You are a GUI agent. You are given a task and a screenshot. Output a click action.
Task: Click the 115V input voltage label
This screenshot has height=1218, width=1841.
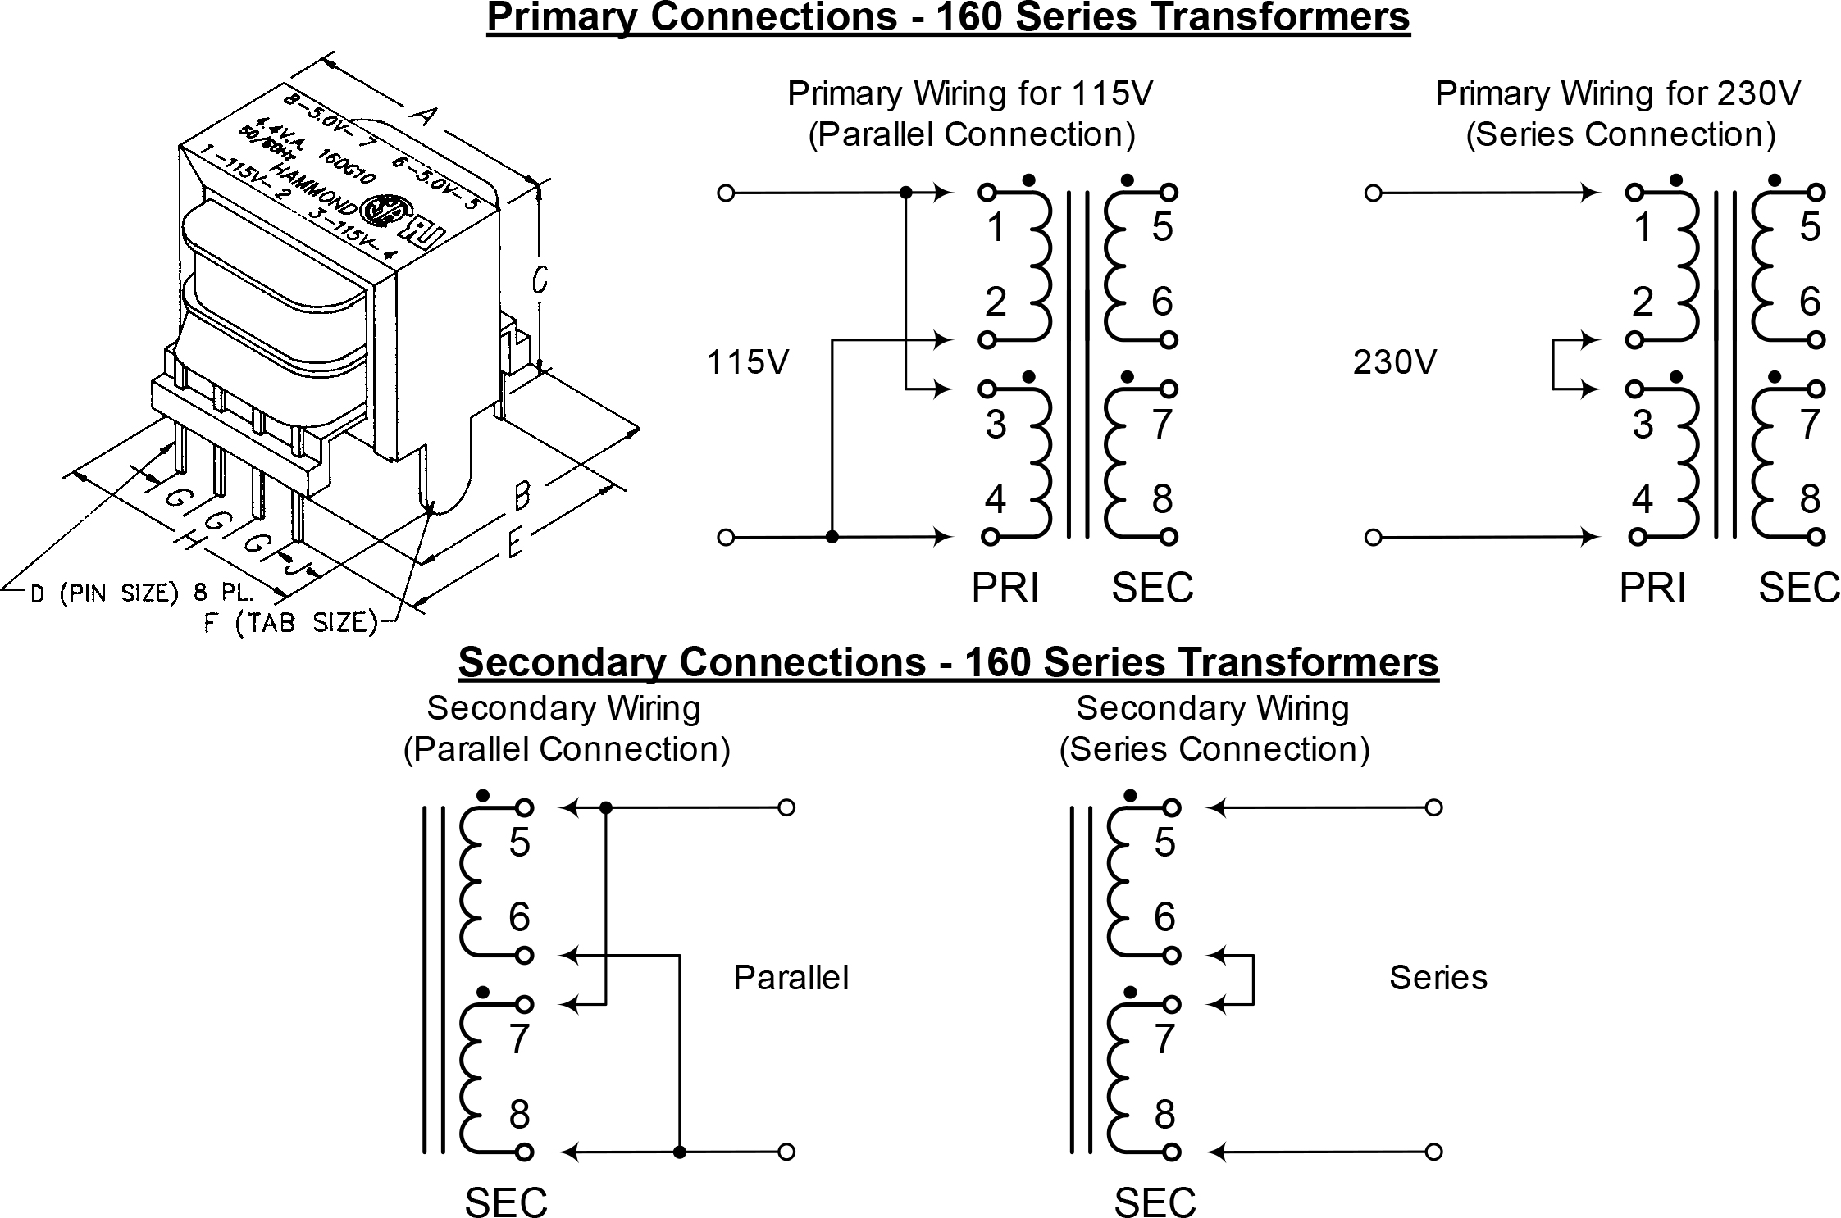point(747,361)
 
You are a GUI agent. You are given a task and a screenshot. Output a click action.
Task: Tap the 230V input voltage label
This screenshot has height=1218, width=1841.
point(1394,361)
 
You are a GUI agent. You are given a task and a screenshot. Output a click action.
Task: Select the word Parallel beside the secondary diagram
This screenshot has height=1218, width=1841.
point(791,978)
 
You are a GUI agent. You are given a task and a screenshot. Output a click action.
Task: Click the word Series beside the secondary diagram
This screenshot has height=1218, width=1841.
point(1438,978)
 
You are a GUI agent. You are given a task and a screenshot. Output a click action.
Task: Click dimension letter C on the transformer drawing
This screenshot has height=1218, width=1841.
point(539,280)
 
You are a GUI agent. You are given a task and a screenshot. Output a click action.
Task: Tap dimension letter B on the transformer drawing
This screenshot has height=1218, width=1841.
point(522,494)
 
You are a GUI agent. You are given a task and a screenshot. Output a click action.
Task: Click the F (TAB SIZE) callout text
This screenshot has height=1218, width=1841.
point(290,624)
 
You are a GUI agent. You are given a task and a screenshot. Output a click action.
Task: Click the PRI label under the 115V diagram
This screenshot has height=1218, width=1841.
point(1005,588)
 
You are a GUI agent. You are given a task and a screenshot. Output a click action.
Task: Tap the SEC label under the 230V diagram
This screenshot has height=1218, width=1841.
point(1798,588)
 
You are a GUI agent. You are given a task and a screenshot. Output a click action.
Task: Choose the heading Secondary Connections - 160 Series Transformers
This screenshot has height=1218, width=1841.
point(948,662)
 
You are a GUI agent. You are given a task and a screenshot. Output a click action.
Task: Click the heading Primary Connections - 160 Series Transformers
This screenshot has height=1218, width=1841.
point(948,18)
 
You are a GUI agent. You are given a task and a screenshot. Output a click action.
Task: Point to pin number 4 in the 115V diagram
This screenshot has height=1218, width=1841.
point(995,499)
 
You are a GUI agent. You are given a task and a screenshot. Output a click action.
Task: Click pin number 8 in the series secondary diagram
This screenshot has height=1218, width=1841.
point(1164,1115)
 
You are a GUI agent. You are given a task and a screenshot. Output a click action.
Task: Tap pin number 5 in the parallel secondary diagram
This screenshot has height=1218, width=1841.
point(519,843)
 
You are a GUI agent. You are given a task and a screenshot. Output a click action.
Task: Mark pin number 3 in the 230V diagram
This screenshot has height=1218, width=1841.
point(1642,425)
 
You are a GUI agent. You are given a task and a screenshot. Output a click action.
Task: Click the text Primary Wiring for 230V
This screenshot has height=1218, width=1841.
point(1617,93)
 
